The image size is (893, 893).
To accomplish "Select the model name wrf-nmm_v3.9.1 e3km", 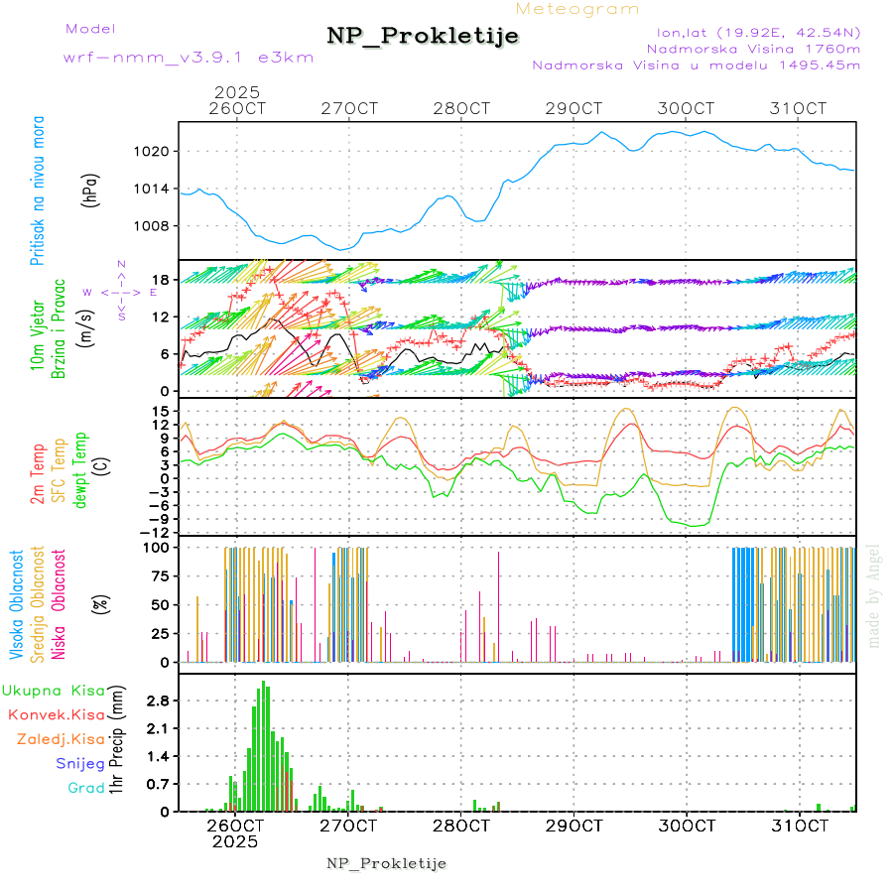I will tap(189, 58).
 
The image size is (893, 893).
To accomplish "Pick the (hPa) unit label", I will tap(89, 190).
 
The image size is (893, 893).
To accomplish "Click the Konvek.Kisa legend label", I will tap(56, 714).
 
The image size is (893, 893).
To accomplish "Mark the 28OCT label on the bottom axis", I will tap(461, 826).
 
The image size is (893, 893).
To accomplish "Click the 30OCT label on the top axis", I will tap(686, 108).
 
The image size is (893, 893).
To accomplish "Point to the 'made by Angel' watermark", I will tap(874, 595).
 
